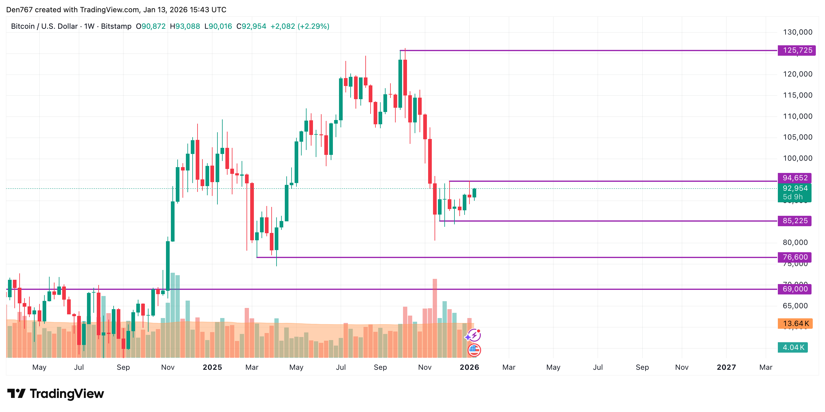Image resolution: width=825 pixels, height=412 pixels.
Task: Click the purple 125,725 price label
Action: pos(797,50)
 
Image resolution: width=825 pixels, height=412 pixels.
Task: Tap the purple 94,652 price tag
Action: pos(795,178)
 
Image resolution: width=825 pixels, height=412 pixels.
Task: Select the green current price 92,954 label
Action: pos(795,188)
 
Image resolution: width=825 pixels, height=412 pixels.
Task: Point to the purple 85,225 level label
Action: pos(795,221)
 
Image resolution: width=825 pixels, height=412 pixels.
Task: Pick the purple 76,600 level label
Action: pos(795,257)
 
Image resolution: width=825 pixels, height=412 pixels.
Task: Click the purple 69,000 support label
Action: pos(795,289)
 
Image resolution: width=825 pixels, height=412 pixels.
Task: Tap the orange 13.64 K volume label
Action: pos(795,323)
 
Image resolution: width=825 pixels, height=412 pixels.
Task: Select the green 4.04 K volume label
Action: pos(793,347)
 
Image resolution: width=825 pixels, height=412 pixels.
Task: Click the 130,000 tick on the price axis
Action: pos(797,32)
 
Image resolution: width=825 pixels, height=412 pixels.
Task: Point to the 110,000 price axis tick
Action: pos(797,116)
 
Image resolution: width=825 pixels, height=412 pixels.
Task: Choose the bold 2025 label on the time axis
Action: pos(212,367)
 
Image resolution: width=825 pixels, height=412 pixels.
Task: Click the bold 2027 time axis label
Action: pos(726,367)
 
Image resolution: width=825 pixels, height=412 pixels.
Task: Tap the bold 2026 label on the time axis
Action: pos(469,367)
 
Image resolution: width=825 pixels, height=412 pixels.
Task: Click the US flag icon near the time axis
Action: pos(474,350)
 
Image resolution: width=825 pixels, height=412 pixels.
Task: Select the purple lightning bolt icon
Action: pos(474,335)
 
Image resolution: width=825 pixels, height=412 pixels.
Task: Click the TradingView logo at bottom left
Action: pos(55,393)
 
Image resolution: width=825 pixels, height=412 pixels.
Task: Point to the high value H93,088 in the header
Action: pos(185,26)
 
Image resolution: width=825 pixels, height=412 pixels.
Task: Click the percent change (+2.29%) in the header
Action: pos(313,26)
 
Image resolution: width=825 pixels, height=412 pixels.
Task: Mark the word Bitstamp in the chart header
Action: pos(116,26)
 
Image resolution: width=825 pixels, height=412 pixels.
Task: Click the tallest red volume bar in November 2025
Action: pos(435,317)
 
